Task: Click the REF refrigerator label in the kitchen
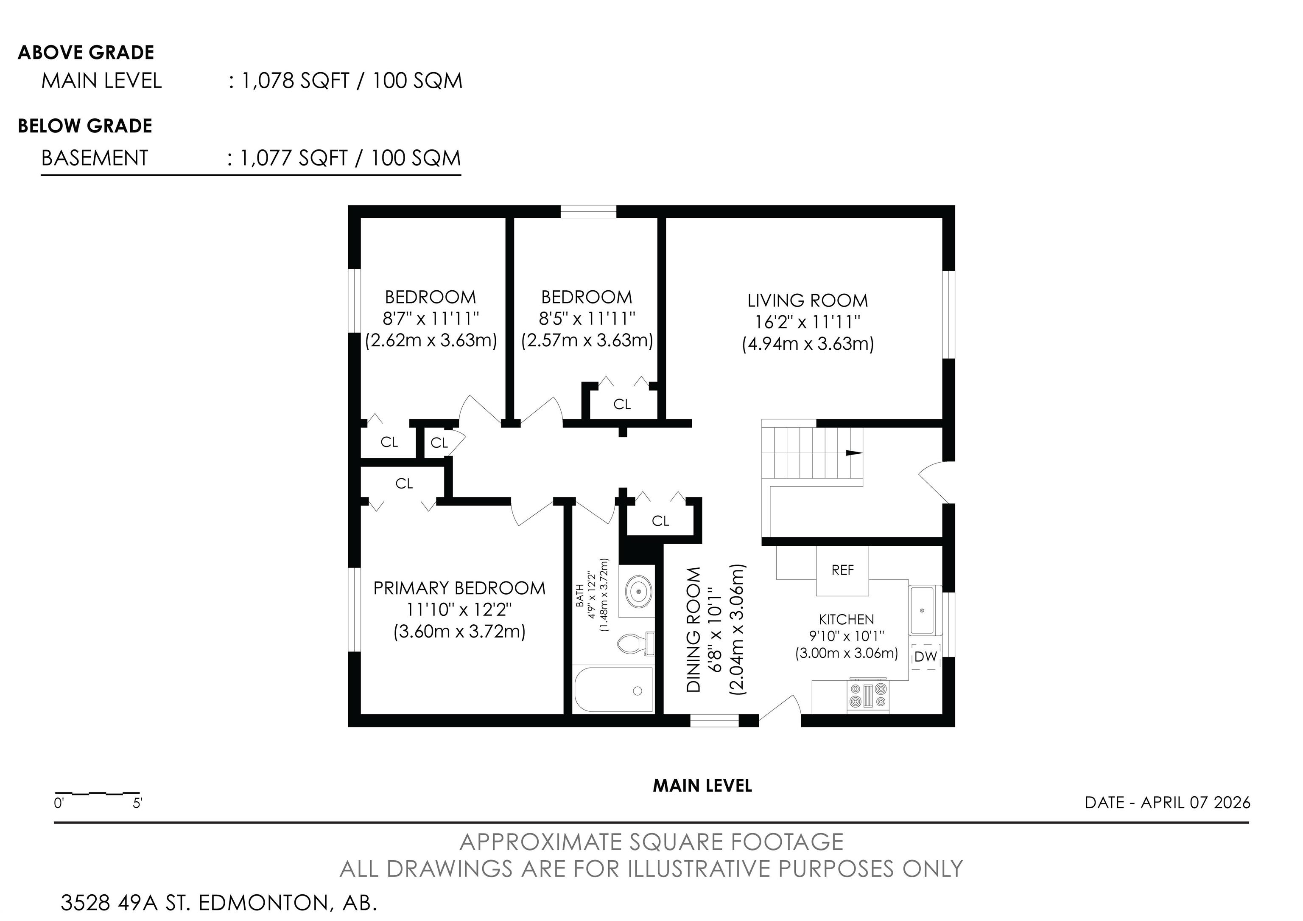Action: (x=842, y=570)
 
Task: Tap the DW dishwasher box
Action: (x=926, y=657)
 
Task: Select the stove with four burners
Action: (x=868, y=696)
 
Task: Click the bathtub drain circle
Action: (x=638, y=691)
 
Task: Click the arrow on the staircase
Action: (x=854, y=453)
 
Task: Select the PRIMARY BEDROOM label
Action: (x=459, y=588)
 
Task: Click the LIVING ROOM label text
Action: (x=808, y=300)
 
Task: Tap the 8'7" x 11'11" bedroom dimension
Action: (x=431, y=319)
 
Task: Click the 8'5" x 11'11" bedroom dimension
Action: (x=587, y=319)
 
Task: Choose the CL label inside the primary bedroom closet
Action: (x=404, y=483)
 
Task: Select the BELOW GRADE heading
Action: (x=85, y=126)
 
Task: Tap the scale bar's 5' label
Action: (x=137, y=803)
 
